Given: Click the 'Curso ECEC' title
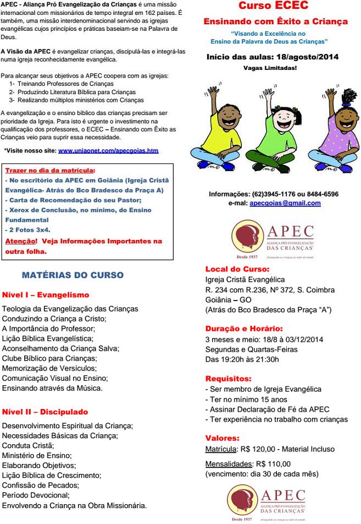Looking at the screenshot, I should point(273,7).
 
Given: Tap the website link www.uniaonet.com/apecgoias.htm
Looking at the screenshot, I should point(108,150).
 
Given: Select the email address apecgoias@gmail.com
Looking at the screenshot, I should point(285,203).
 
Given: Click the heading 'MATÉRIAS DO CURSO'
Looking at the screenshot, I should point(73,275).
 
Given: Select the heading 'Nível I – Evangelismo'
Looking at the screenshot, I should point(46,295).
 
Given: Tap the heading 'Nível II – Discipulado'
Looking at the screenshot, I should point(45,412).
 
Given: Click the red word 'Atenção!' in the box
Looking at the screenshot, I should point(21,241).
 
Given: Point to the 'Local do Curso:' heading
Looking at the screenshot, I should point(237,269).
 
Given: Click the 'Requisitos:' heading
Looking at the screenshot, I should point(228,379).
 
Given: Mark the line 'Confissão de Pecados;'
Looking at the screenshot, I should point(41,485).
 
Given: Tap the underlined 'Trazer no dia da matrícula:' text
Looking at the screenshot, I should point(49,171).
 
